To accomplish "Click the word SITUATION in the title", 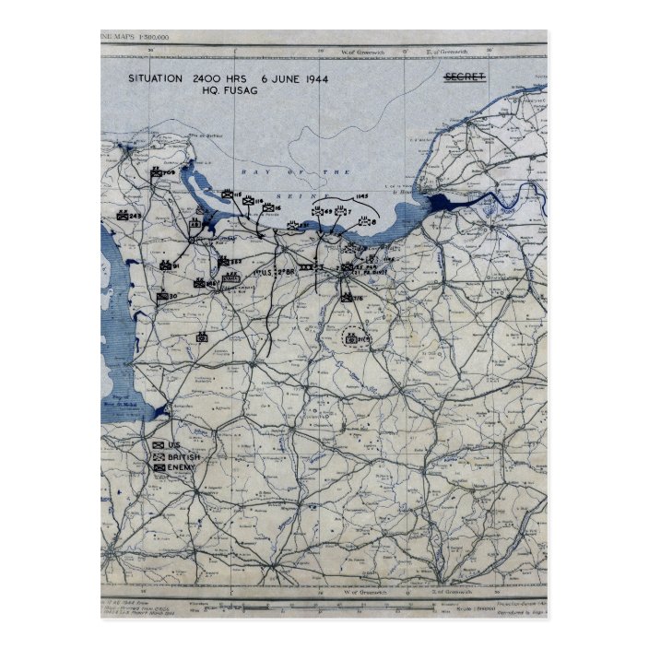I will (156, 79).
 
